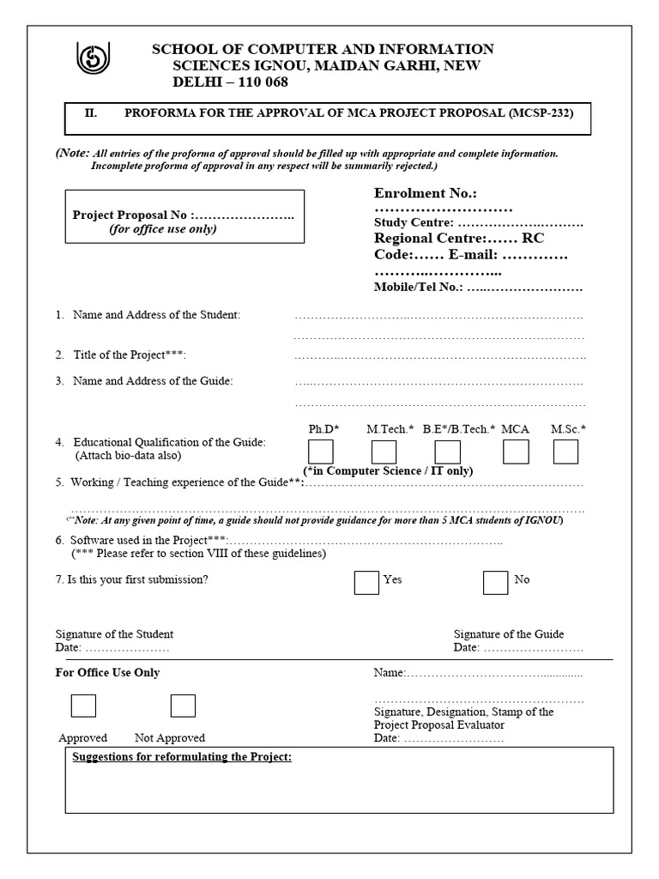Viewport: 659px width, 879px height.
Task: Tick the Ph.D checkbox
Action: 321,452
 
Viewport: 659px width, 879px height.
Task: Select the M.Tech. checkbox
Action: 384,452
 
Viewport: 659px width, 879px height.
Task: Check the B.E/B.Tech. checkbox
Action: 447,452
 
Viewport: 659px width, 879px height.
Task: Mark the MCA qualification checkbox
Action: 516,452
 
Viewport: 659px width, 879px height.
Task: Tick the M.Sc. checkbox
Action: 565,452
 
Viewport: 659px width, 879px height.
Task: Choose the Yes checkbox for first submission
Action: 366,583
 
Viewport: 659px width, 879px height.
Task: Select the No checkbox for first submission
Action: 495,583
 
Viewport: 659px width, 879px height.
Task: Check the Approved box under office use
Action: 83,706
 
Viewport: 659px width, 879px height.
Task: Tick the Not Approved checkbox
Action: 183,706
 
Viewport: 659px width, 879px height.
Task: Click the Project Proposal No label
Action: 134,215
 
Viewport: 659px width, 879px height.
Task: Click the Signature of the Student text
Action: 114,634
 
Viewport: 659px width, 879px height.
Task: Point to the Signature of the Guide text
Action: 509,634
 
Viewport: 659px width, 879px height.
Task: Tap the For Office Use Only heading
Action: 107,673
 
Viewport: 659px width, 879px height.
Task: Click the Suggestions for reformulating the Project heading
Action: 183,757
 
